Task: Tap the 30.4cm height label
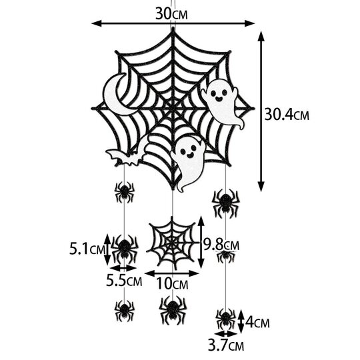[287, 114]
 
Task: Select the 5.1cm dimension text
[88, 250]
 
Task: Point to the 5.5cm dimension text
[124, 281]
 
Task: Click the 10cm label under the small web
[171, 285]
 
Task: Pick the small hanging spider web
[171, 243]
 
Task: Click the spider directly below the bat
[123, 193]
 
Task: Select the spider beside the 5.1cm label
[123, 248]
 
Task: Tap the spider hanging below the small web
[172, 309]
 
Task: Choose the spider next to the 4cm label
[225, 318]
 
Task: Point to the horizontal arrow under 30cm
[173, 23]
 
